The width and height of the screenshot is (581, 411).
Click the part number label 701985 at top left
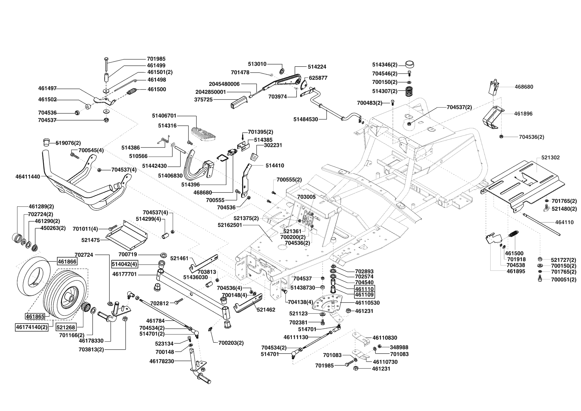[x=156, y=59]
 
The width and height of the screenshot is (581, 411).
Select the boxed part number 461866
[x=67, y=262]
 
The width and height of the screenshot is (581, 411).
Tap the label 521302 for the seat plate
[x=551, y=157]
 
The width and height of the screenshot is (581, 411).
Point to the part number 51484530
[x=305, y=119]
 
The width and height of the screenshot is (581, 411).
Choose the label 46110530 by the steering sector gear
[x=367, y=303]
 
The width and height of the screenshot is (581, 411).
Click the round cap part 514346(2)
[x=410, y=64]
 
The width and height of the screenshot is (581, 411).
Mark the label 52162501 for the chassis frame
[x=235, y=225]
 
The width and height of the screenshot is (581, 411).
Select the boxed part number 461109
[x=364, y=295]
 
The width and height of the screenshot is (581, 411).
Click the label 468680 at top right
[x=524, y=87]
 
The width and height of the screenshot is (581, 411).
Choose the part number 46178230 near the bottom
[x=162, y=361]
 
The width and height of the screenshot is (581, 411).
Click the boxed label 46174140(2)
[x=32, y=327]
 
